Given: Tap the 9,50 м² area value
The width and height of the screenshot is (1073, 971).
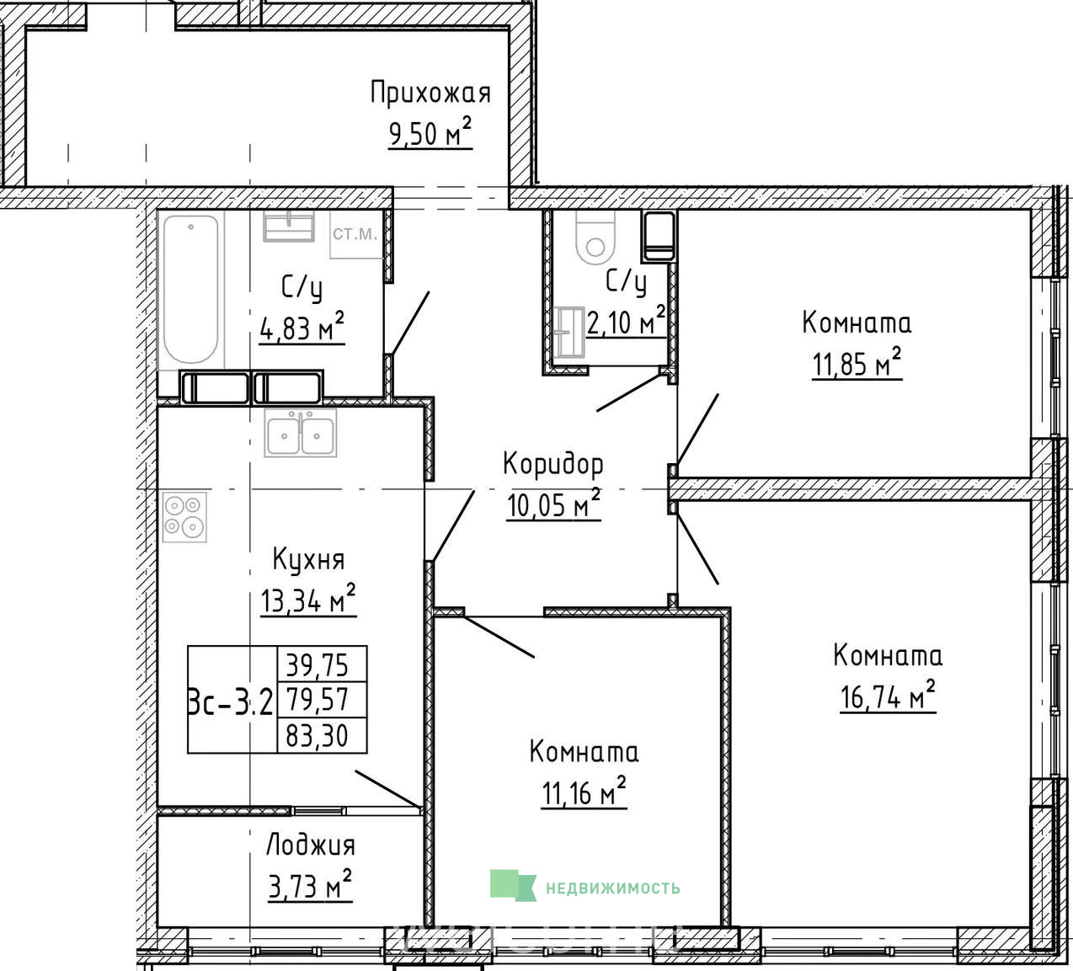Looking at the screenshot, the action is (x=430, y=132).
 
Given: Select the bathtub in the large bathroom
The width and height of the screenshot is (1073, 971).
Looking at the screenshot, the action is (x=190, y=290).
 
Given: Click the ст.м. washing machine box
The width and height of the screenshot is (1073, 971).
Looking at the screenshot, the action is (x=356, y=234).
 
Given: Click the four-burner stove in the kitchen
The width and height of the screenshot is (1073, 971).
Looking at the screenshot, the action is (x=184, y=517).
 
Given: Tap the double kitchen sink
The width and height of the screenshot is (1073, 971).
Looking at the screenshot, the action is (x=300, y=433).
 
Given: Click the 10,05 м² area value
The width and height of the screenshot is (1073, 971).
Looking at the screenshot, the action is (x=553, y=504).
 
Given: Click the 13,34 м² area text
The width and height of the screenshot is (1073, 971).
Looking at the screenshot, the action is (x=308, y=599).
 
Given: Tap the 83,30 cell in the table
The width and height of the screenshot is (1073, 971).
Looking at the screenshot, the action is (x=318, y=735).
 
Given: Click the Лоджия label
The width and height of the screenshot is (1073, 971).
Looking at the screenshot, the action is (x=310, y=846).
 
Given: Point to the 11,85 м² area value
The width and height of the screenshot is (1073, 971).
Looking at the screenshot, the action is (x=857, y=363).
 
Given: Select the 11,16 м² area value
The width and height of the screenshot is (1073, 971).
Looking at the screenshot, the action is (x=584, y=792).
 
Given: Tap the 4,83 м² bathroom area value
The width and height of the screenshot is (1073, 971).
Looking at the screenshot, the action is (x=302, y=328).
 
